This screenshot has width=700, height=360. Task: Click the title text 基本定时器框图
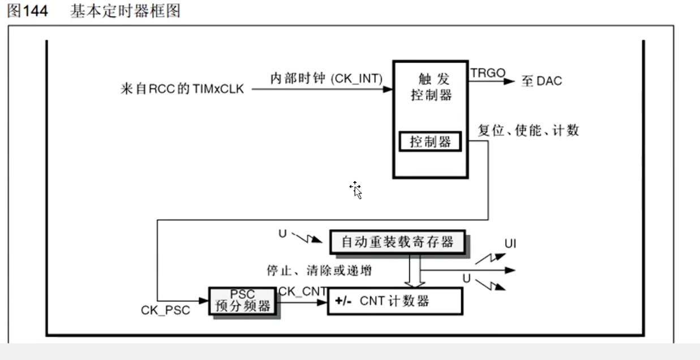click(124, 11)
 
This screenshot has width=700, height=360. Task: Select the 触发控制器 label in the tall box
click(431, 87)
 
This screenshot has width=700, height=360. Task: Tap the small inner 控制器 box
click(430, 142)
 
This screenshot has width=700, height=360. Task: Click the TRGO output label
click(487, 72)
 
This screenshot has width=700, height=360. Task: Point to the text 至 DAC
click(541, 82)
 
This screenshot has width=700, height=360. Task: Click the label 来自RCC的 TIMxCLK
click(182, 89)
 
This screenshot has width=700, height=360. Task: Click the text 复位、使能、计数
click(529, 130)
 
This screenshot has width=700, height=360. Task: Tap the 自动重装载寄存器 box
click(397, 242)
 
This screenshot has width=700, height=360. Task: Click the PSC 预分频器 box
click(243, 301)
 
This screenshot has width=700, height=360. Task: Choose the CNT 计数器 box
click(395, 301)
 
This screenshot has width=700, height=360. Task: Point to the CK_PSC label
click(165, 311)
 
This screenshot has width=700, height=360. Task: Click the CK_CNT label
click(302, 291)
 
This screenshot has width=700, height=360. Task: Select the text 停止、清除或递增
click(319, 271)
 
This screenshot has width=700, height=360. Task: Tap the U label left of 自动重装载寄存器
click(282, 233)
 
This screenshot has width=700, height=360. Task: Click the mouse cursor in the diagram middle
click(356, 190)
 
